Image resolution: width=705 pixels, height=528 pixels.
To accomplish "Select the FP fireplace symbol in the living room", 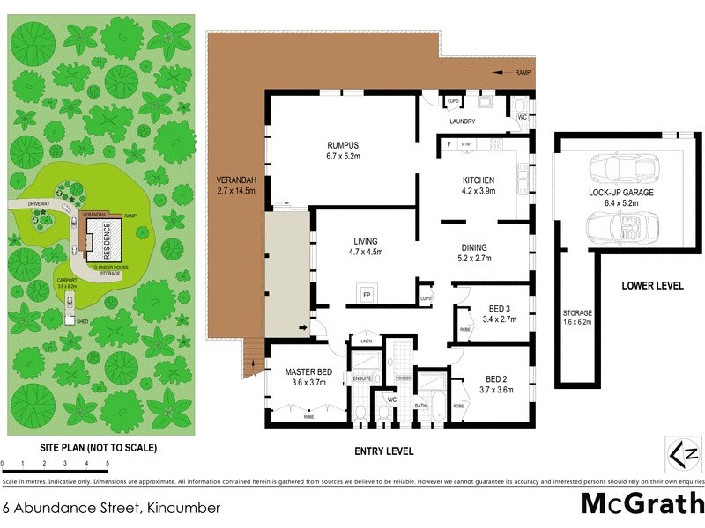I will click(366, 294).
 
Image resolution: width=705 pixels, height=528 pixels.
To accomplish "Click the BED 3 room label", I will click(500, 314).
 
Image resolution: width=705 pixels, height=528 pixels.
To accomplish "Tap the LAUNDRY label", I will click(463, 121).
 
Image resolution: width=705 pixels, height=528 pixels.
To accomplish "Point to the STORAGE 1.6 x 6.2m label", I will click(577, 319).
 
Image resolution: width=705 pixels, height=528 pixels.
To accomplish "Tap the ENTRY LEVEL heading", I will click(382, 451).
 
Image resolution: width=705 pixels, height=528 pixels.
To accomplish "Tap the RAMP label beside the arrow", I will click(523, 74).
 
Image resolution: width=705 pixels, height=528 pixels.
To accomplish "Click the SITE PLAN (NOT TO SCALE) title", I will click(98, 448).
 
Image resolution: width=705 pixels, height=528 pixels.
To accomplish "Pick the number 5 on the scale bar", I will click(108, 462).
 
